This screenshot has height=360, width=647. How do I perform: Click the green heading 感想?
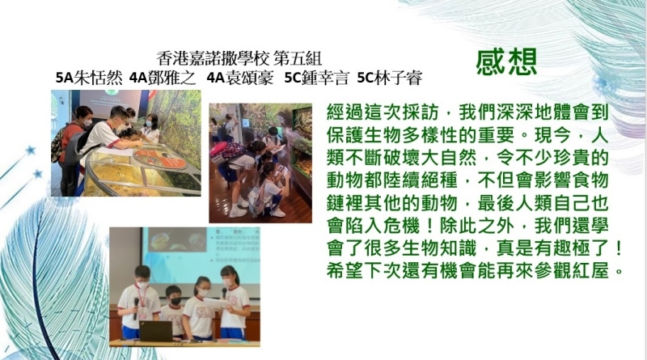coord(506,62)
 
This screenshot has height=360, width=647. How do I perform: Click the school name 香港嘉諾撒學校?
coord(213,58)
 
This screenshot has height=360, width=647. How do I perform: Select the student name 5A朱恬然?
coord(89,78)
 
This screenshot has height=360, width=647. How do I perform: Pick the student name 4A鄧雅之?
coord(163,78)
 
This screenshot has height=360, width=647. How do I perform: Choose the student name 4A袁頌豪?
coord(239,78)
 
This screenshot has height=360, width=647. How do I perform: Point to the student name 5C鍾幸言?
coord(317,78)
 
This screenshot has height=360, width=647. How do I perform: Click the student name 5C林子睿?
coord(390,78)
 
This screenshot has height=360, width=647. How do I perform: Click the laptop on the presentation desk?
coord(155,331)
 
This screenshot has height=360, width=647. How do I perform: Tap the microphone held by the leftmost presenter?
coord(136,308)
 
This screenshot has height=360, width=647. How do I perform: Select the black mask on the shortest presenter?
coord(175,301)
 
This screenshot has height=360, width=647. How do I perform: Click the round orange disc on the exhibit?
coord(159,159)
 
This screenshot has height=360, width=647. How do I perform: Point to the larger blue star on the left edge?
coord(30,150)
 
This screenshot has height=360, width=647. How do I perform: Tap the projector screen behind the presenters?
coord(201,255)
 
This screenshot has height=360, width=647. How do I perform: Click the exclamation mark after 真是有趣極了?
coord(618,248)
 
